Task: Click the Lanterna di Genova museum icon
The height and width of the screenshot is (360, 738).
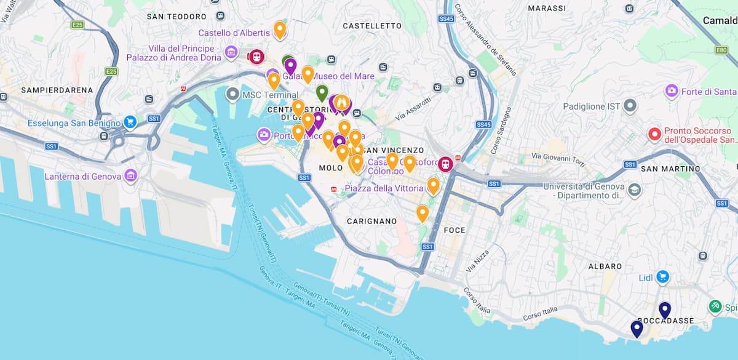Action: (x=130, y=177)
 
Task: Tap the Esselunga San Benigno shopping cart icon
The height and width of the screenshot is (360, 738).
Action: (x=130, y=122)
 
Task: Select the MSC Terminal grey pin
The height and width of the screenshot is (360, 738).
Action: (x=232, y=95)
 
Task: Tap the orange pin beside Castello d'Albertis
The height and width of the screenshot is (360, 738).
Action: (x=280, y=29)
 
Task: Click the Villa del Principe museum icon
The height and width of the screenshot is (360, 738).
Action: (x=231, y=52)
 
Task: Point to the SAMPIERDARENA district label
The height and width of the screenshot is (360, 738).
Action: (x=57, y=90)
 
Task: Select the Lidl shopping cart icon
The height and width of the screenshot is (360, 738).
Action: (x=662, y=278)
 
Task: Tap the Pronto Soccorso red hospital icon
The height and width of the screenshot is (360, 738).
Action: (x=654, y=134)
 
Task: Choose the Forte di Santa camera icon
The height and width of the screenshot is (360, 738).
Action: (x=672, y=92)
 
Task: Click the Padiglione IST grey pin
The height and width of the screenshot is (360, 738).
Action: (x=630, y=106)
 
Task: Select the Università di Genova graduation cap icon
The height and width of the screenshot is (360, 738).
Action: (x=635, y=190)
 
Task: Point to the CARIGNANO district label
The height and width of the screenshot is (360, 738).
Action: (x=371, y=221)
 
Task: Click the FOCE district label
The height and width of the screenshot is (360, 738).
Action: (x=454, y=230)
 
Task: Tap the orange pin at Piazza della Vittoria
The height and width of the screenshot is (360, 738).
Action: (x=434, y=185)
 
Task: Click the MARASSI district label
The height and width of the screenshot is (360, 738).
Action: (x=547, y=9)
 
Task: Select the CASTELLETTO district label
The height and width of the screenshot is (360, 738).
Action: (x=372, y=26)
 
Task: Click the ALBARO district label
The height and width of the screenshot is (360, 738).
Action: (x=605, y=266)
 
